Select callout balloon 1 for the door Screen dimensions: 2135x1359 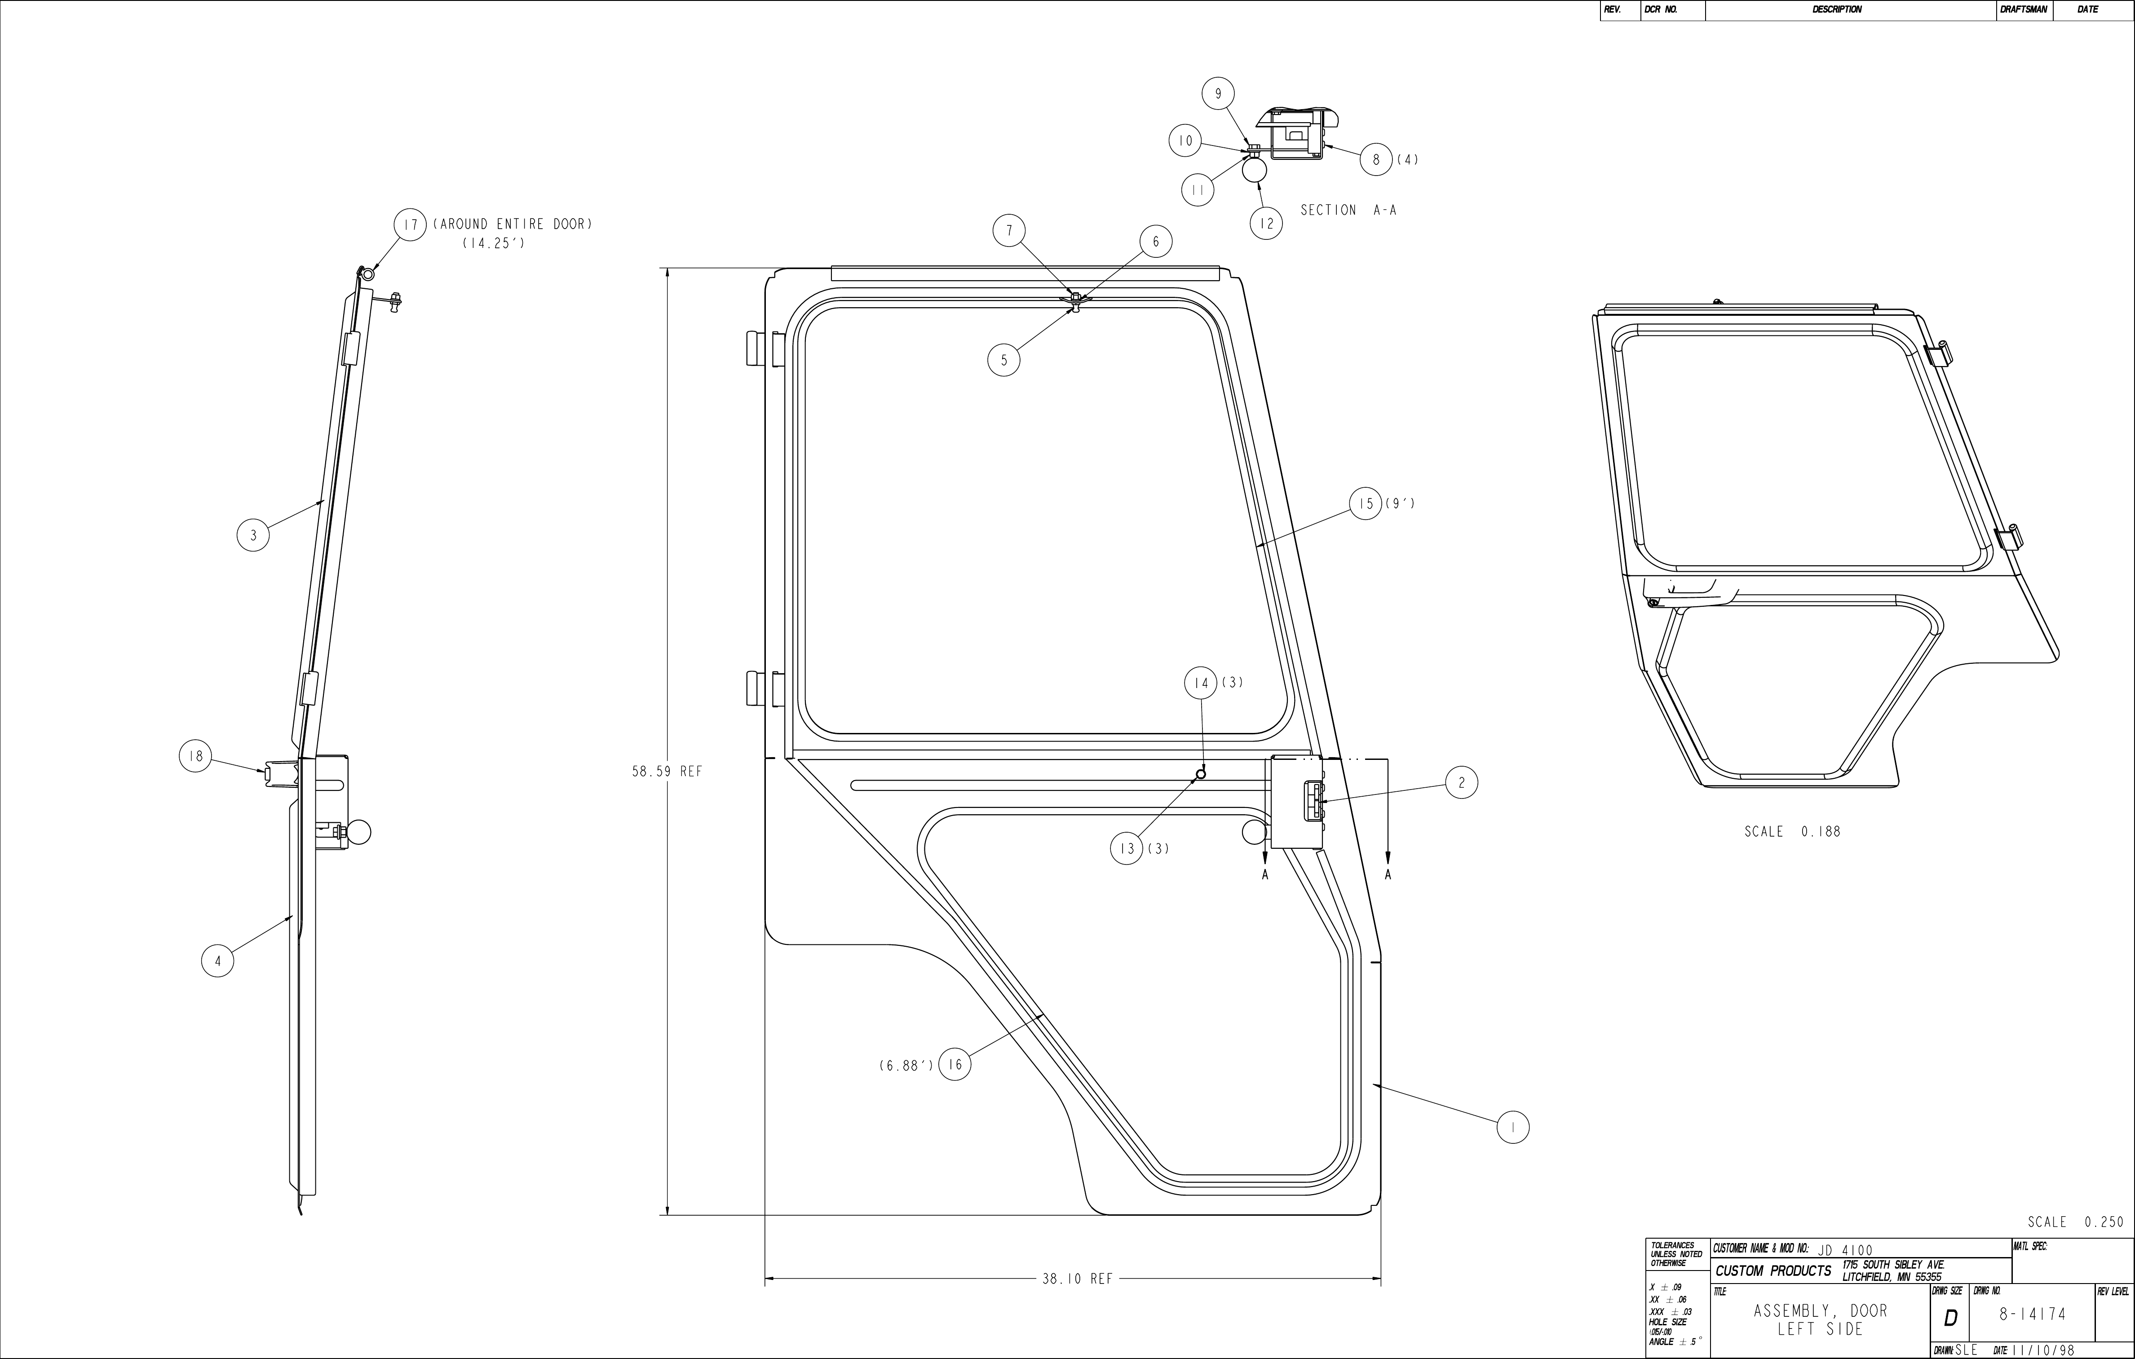tap(1512, 1128)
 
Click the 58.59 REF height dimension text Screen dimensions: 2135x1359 tap(667, 771)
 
